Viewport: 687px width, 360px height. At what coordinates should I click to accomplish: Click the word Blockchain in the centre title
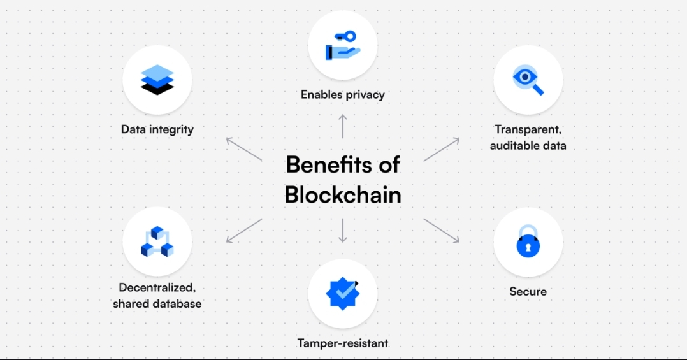343,194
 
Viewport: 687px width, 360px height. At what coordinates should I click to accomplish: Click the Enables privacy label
343,95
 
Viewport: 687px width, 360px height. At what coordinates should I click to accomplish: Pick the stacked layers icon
157,80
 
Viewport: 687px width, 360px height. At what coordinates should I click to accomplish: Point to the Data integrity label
157,129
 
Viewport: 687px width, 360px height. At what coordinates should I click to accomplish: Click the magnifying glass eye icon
528,80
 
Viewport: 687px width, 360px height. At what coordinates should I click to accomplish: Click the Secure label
528,292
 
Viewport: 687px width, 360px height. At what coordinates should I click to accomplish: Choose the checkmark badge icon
343,292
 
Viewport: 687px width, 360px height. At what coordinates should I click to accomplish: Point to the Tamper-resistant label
343,343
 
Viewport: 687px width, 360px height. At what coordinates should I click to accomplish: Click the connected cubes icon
157,241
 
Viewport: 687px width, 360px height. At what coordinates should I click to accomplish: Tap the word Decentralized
157,287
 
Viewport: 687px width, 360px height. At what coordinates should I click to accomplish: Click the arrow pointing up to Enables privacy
343,126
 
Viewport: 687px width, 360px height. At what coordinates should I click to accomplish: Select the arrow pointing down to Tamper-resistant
343,230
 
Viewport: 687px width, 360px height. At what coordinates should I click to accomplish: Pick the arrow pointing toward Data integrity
244,149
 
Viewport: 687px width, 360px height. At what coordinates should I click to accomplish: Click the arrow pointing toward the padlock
441,230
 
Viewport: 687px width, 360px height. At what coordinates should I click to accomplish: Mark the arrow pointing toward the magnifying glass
441,149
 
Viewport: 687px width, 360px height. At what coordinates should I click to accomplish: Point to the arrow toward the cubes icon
244,230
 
